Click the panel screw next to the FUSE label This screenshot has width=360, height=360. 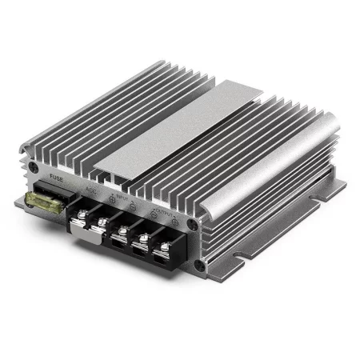[33, 169]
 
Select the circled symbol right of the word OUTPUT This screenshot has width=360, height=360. [181, 223]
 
